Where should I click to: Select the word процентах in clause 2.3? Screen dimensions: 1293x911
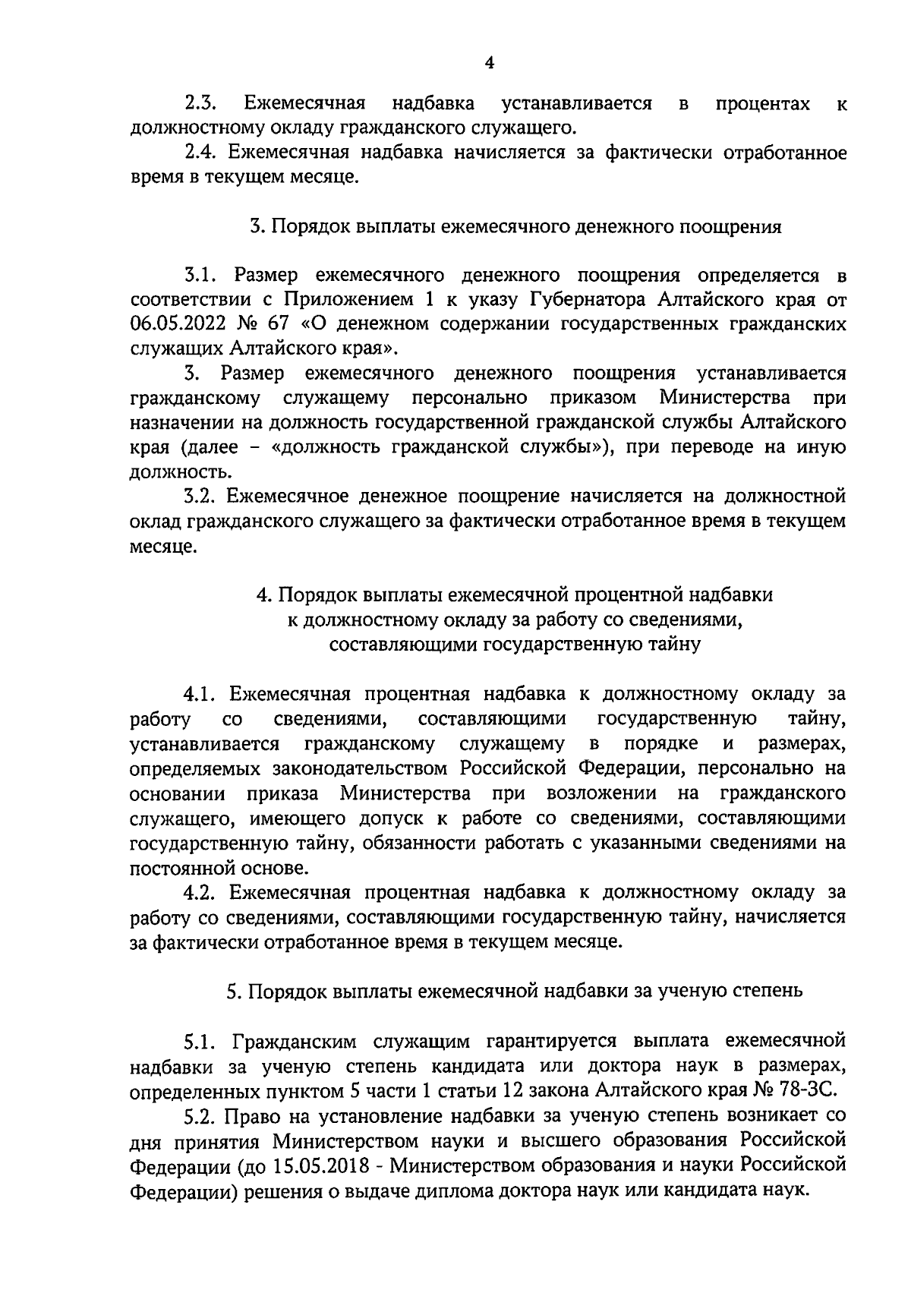(762, 103)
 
